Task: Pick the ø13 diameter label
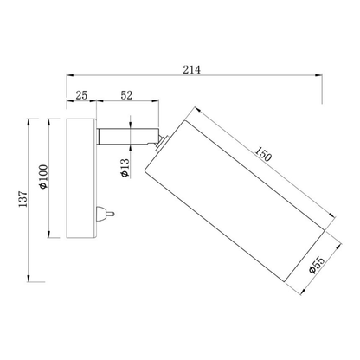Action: [x=125, y=170]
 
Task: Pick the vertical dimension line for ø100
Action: [x=51, y=178]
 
